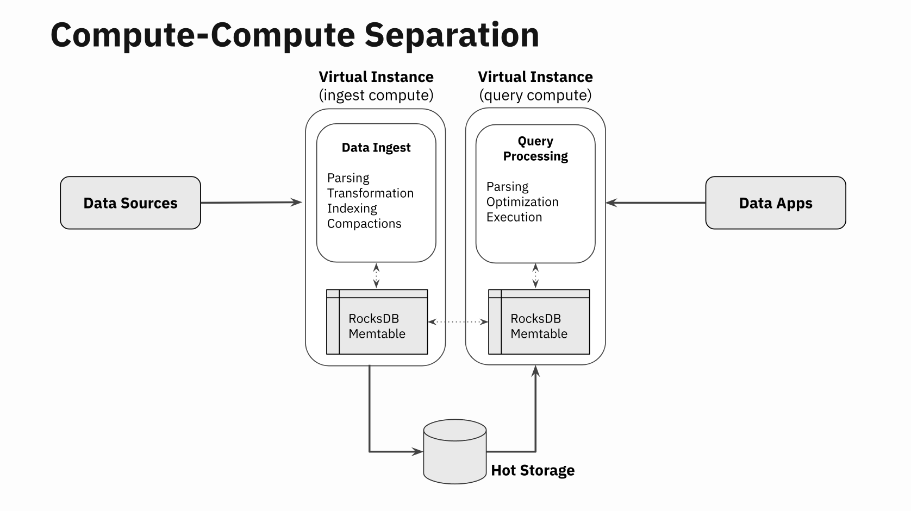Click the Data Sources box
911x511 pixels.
130,203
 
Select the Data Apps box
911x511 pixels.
775,203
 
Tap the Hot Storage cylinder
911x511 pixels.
454,451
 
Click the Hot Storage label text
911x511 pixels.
533,470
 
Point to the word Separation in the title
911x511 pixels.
451,35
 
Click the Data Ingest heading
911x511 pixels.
376,148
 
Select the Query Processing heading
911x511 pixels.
535,149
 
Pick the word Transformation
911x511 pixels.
370,193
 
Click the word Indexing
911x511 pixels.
352,209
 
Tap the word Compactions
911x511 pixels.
364,224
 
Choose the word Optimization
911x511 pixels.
522,202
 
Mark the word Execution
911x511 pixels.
514,217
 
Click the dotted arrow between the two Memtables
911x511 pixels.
458,322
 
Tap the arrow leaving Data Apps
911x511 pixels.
656,203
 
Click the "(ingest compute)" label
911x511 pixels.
376,96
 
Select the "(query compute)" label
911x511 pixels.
535,96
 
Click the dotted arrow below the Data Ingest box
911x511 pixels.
376,276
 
